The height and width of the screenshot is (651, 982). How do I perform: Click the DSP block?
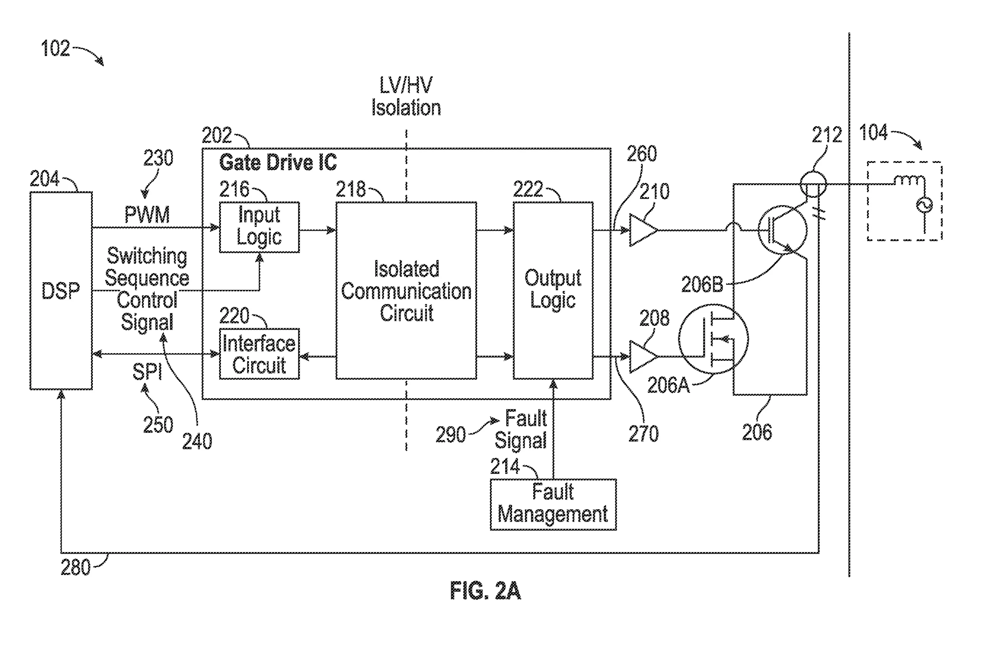tap(61, 291)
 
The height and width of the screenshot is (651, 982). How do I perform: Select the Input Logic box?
tap(259, 227)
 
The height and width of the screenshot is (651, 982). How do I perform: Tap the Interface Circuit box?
tap(259, 354)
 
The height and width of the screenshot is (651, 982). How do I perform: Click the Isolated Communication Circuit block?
tap(406, 291)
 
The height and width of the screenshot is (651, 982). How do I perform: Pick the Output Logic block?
tap(553, 291)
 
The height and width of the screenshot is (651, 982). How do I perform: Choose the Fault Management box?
tap(553, 505)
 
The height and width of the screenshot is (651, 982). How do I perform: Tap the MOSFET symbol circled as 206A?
tap(713, 339)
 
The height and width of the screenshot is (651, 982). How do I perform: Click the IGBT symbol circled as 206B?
tap(782, 230)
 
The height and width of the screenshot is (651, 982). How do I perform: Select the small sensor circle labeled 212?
tap(813, 184)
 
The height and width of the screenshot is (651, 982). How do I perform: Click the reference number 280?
tap(75, 567)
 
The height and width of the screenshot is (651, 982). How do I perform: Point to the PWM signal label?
tap(147, 215)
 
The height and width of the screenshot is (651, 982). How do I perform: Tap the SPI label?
tap(147, 371)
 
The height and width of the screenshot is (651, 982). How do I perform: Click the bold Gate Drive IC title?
tap(278, 162)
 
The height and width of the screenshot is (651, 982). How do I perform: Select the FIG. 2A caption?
tap(485, 590)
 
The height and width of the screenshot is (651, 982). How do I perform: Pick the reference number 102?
tap(55, 48)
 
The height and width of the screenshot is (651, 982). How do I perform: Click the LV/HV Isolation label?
tap(406, 96)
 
